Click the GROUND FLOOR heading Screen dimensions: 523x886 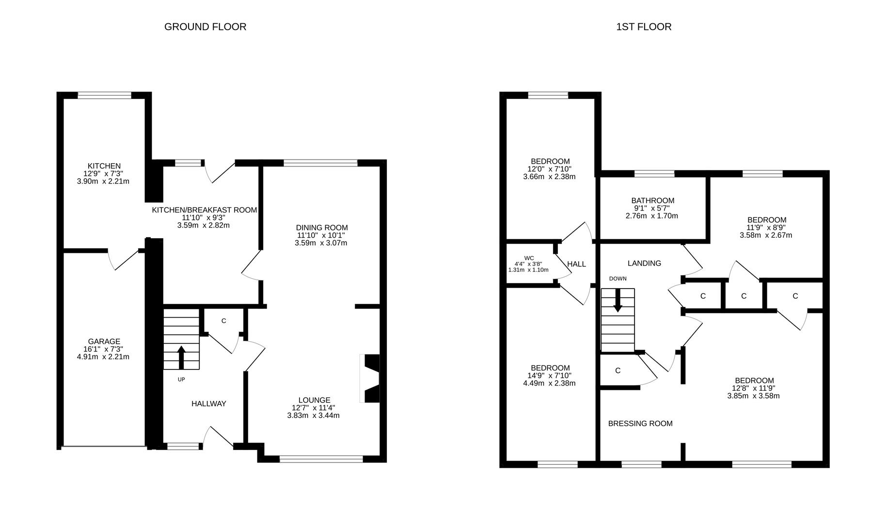click(x=205, y=27)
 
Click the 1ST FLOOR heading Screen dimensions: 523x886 click(x=644, y=27)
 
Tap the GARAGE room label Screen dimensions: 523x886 click(x=104, y=341)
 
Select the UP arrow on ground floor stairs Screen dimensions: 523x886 click(x=181, y=357)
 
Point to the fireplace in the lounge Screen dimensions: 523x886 click(x=371, y=379)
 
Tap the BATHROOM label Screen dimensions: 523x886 click(x=652, y=200)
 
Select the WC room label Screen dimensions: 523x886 click(x=529, y=258)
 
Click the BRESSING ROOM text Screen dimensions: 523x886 click(x=640, y=424)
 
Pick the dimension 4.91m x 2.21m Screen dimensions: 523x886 click(x=103, y=357)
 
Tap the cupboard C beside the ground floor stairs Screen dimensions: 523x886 click(x=224, y=321)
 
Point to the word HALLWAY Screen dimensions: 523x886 click(x=208, y=403)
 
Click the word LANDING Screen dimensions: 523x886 click(x=644, y=263)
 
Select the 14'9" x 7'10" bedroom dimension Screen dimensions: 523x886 click(x=550, y=375)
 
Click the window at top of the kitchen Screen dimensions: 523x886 click(x=105, y=95)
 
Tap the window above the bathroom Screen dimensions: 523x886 click(x=654, y=174)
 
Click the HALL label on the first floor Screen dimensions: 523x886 click(x=576, y=264)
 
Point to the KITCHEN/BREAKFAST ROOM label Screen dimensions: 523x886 click(x=204, y=210)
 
